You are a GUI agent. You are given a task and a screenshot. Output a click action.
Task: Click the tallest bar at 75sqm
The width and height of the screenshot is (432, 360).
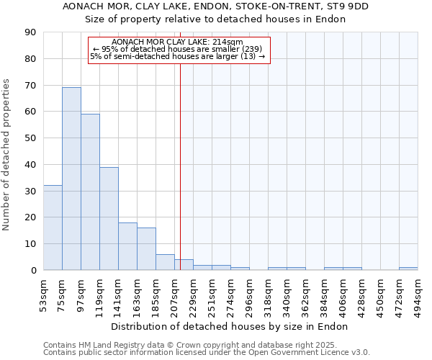click(71, 179)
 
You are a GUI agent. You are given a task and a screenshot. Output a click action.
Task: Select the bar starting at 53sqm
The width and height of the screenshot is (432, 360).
click(53, 228)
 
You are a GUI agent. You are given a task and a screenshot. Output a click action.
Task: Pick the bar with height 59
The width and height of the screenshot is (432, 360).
click(90, 192)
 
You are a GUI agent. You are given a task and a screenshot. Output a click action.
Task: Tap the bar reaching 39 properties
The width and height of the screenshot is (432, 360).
click(109, 218)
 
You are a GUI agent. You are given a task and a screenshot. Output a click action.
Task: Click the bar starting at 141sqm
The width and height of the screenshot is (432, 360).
click(127, 246)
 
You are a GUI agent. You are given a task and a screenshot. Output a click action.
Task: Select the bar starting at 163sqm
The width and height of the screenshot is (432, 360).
click(146, 248)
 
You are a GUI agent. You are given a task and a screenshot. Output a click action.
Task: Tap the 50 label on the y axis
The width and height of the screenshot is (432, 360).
click(31, 138)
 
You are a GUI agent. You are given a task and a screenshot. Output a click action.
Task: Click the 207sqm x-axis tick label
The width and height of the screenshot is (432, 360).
click(175, 293)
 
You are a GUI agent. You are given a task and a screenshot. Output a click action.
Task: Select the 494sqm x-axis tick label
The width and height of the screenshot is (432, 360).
click(418, 293)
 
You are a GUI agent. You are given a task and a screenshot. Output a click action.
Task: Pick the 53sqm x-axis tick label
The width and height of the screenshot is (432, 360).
click(44, 293)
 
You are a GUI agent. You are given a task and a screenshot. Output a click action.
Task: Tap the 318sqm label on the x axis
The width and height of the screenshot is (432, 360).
click(269, 293)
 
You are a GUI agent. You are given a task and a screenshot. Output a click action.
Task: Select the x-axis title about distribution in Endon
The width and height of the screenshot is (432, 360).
click(230, 326)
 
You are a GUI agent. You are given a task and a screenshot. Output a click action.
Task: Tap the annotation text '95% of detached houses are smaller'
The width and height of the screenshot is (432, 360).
click(178, 49)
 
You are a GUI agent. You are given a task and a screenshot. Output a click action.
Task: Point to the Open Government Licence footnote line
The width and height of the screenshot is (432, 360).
click(207, 353)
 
